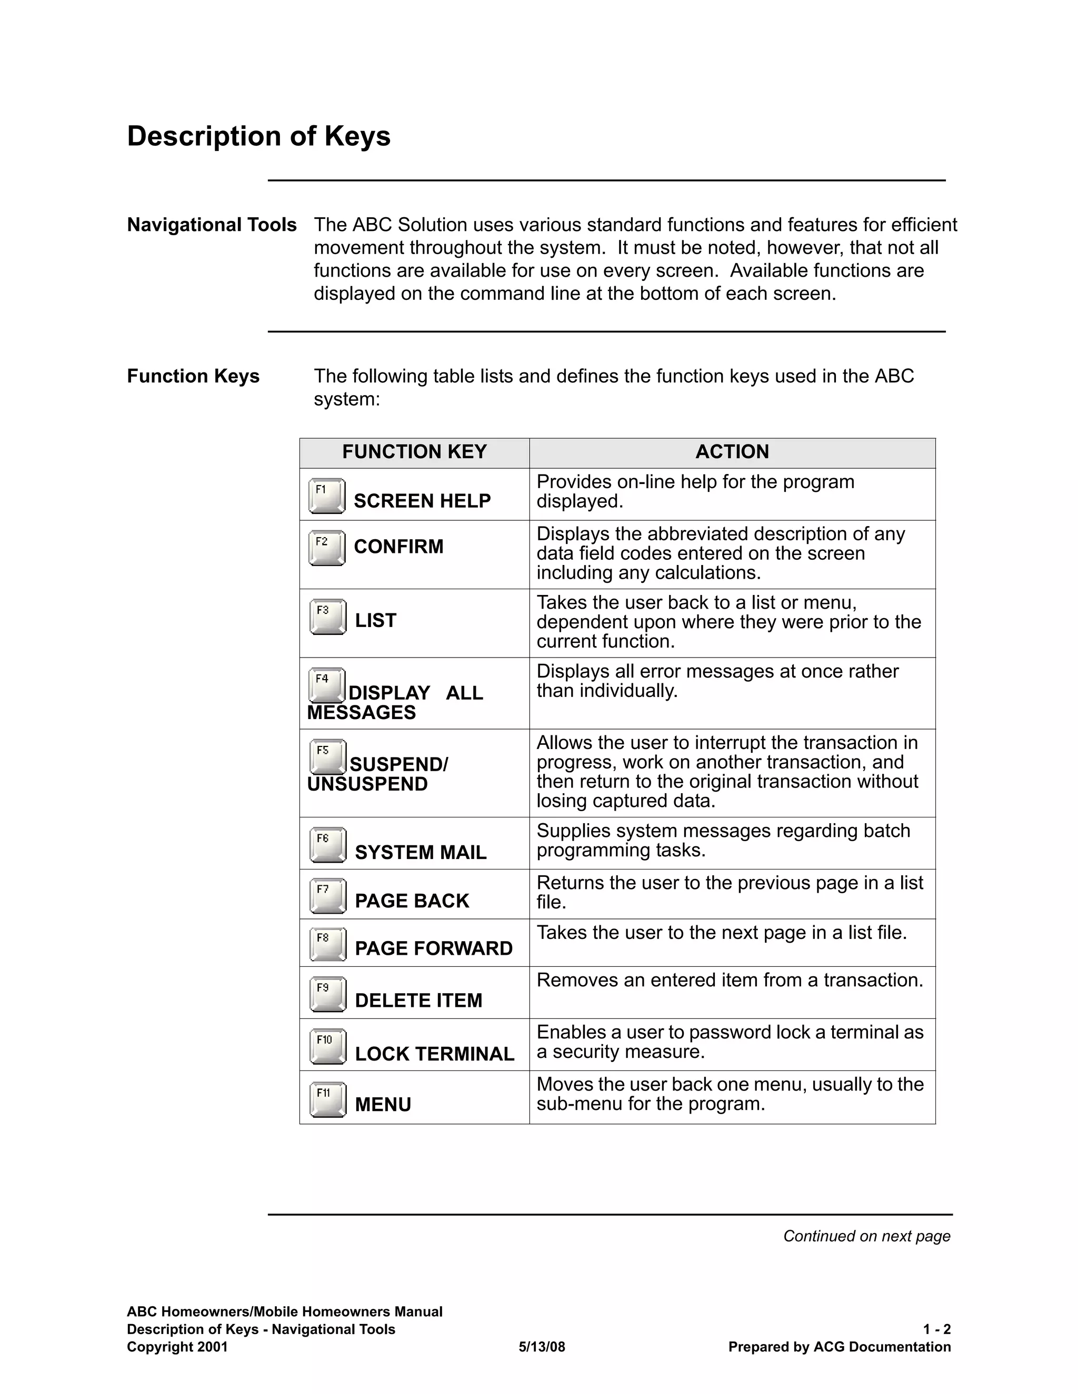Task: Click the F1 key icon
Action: pyautogui.click(x=326, y=496)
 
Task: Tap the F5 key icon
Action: pyautogui.click(x=327, y=756)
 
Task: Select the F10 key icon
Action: pyautogui.click(x=327, y=1046)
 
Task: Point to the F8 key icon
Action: pyautogui.click(x=327, y=944)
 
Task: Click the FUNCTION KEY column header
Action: pyautogui.click(x=414, y=452)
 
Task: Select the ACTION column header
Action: pyautogui.click(x=732, y=452)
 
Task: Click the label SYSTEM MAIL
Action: pyautogui.click(x=420, y=852)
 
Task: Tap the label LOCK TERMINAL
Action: pyautogui.click(x=434, y=1054)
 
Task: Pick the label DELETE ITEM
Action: pyautogui.click(x=418, y=1000)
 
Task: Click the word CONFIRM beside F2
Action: pyautogui.click(x=398, y=547)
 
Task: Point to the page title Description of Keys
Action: pyautogui.click(x=258, y=136)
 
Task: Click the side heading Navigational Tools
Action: pyautogui.click(x=212, y=225)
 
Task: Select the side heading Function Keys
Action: pyautogui.click(x=193, y=376)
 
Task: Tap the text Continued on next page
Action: pyautogui.click(x=866, y=1236)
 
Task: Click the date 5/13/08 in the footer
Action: pyautogui.click(x=542, y=1347)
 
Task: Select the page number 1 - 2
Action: pyautogui.click(x=936, y=1329)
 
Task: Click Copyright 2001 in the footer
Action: pyautogui.click(x=177, y=1347)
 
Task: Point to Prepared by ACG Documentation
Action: pyautogui.click(x=839, y=1347)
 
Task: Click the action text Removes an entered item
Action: pyautogui.click(x=730, y=980)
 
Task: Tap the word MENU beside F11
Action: pyautogui.click(x=383, y=1104)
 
